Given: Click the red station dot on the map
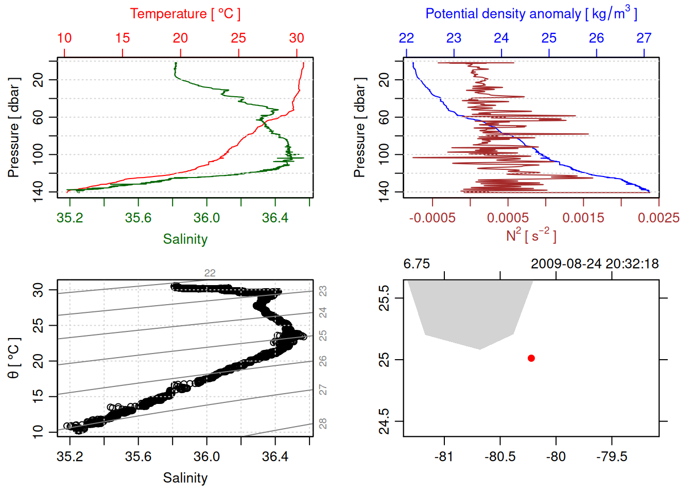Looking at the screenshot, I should (531, 358).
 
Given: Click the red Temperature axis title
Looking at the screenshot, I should (185, 14).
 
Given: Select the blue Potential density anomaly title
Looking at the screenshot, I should (531, 13).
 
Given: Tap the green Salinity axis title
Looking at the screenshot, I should (185, 239).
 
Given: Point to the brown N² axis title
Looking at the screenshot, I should (531, 236).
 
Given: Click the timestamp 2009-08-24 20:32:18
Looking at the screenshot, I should (595, 264).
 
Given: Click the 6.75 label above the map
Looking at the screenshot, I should (417, 264).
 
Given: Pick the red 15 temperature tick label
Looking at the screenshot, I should (123, 38).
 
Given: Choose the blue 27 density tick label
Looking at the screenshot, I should (644, 38).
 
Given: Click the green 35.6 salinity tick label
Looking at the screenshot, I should (138, 218).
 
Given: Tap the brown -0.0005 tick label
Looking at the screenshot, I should (432, 218).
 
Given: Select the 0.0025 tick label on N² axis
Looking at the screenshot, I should (659, 218).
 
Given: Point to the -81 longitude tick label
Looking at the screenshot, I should (443, 456).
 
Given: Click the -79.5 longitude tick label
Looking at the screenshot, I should (612, 456).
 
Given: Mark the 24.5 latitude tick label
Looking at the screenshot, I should (384, 421).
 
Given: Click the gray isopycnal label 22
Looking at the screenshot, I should (210, 273).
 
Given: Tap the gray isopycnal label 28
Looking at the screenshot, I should (323, 424).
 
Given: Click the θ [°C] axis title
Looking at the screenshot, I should (14, 358).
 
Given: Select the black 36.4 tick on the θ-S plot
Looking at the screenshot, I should (275, 456).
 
